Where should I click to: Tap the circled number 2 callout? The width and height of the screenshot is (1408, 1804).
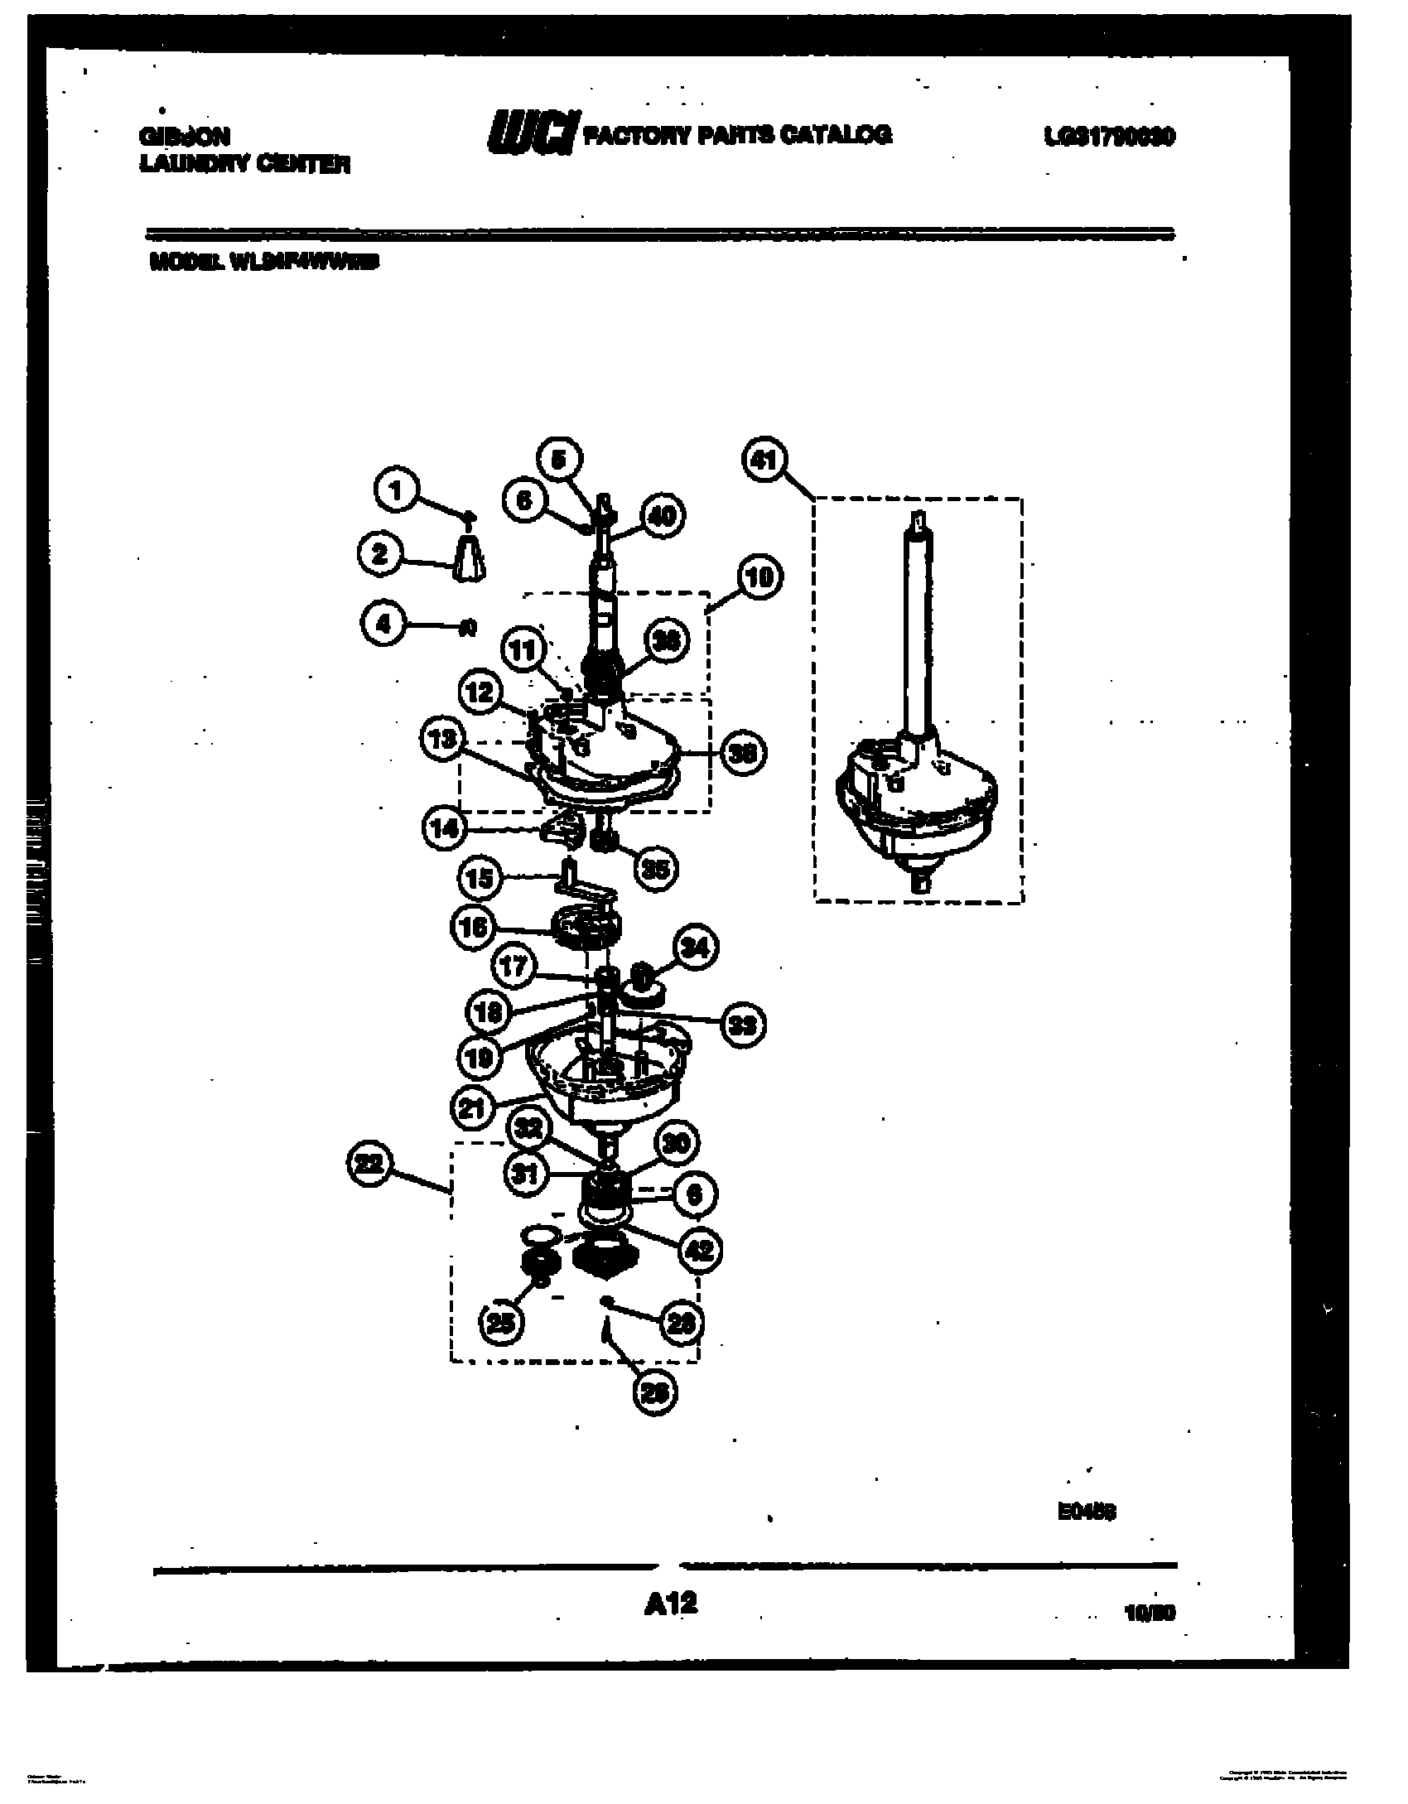tap(380, 553)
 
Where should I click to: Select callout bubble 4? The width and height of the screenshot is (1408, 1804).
tap(383, 623)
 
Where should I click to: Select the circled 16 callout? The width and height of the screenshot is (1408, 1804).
tap(473, 927)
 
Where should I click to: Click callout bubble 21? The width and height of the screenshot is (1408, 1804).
tap(475, 1108)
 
